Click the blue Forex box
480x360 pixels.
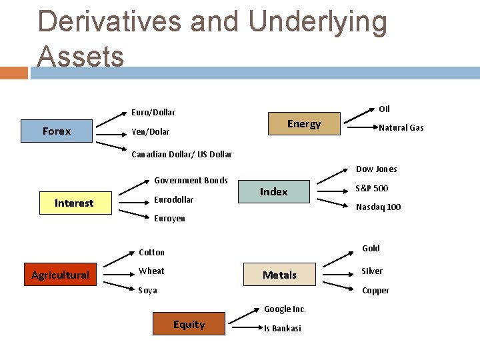57,131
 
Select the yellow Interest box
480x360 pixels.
74,203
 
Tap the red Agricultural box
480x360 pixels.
60,275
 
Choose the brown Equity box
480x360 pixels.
189,325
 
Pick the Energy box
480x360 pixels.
304,124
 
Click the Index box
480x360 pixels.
274,191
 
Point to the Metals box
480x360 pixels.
279,275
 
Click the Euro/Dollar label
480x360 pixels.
153,112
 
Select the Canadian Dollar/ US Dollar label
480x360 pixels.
181,155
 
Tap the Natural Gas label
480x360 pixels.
401,128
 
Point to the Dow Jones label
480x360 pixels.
376,169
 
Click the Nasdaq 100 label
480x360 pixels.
378,207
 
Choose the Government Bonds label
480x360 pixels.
191,181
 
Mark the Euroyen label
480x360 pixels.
169,219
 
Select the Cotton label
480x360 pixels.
151,253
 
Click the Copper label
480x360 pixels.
375,291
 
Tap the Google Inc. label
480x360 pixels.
285,309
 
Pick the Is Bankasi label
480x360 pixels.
283,329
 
